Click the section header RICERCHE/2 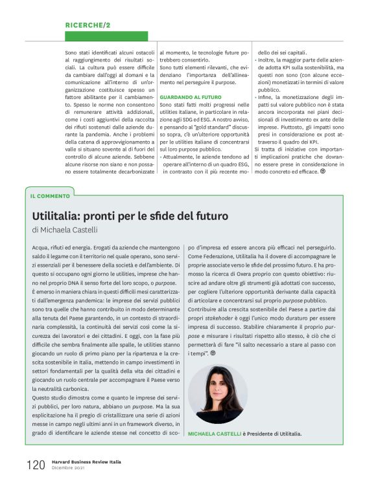pos(88,25)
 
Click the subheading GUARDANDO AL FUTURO pos(190,96)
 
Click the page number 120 pos(36,465)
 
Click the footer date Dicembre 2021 pos(69,468)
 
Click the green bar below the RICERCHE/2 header pos(106,36)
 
